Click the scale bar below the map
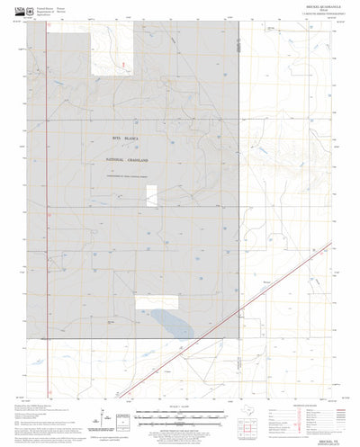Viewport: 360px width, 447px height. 180,407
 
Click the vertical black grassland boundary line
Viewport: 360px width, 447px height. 238,180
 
